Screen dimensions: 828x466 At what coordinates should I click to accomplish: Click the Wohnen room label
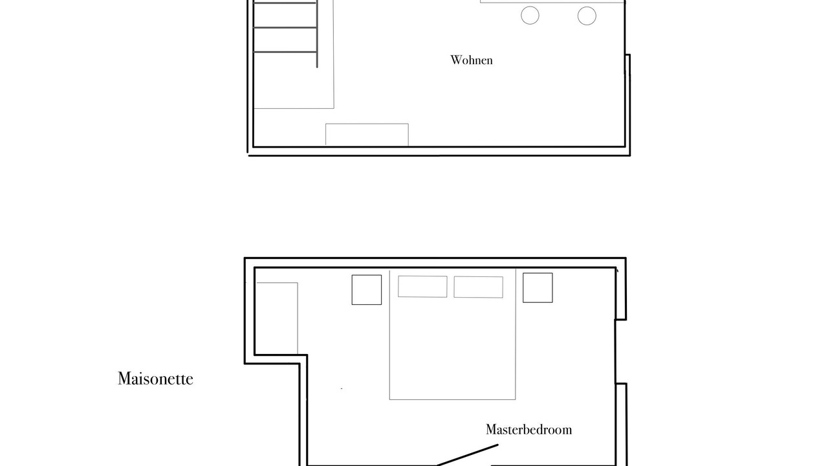(472, 60)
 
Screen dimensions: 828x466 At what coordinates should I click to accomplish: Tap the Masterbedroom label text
(528, 429)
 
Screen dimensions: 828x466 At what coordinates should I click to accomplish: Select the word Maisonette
(155, 379)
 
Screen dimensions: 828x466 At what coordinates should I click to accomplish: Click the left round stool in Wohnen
(530, 16)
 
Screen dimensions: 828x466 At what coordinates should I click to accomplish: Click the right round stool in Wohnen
(587, 16)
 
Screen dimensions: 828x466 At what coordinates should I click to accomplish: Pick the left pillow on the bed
(422, 286)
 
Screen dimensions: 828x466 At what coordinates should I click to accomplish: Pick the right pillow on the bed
(478, 287)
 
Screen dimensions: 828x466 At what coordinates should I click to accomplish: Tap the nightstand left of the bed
(367, 289)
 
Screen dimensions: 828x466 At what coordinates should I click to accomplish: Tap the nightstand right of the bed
(538, 288)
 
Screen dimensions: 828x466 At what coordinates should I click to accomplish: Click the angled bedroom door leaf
(467, 455)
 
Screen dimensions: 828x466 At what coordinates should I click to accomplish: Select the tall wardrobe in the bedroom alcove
(277, 318)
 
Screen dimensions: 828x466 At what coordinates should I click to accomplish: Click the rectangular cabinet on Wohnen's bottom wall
(367, 135)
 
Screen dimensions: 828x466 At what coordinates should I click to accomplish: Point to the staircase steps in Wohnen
(285, 28)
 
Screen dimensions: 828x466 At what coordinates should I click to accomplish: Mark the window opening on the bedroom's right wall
(616, 351)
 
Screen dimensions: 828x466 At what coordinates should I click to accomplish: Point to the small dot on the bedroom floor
(341, 389)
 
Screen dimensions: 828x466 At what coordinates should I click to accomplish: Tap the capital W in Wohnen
(456, 60)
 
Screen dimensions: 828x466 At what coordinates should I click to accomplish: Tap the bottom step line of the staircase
(285, 52)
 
